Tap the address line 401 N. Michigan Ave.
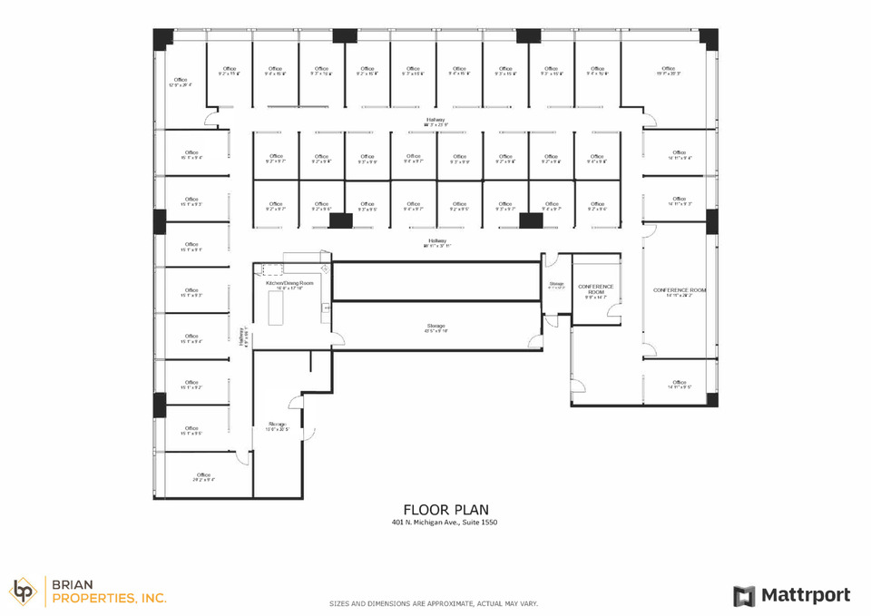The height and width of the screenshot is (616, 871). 445,523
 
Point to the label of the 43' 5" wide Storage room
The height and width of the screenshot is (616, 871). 436,328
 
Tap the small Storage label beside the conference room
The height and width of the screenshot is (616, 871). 556,286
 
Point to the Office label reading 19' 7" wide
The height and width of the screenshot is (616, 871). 669,71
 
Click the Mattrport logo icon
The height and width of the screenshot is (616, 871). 744,596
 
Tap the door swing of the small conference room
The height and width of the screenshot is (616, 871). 613,314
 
